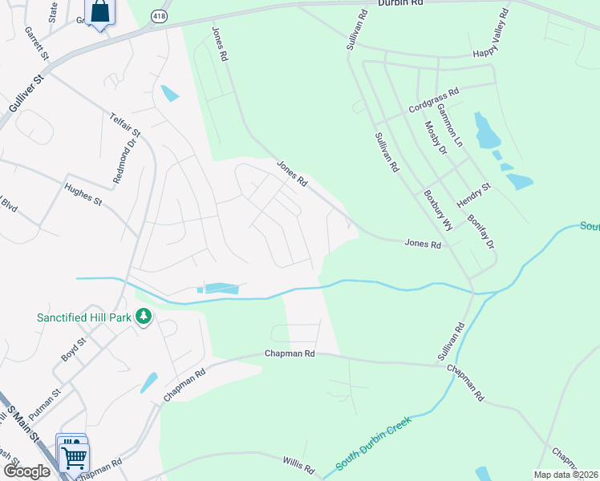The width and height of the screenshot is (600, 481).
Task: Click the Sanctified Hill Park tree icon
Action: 144,317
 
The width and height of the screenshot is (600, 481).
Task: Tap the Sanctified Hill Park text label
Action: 83,317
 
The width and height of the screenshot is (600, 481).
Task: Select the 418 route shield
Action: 161,15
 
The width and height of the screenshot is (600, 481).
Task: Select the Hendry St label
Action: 472,192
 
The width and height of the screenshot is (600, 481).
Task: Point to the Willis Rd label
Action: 302,463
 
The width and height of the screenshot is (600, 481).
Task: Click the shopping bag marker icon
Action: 99,12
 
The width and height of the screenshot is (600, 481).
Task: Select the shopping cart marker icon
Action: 74,457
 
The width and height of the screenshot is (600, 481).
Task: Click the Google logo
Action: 27,471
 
